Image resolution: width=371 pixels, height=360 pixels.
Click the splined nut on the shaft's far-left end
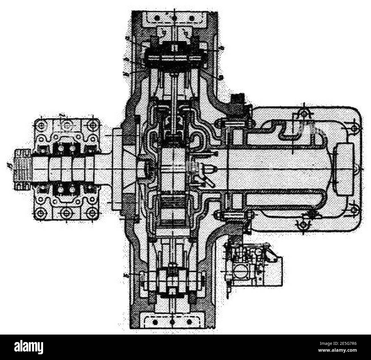22,169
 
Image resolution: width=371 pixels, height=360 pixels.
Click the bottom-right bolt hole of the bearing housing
92,213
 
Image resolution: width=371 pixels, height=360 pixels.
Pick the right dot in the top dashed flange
192,18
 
